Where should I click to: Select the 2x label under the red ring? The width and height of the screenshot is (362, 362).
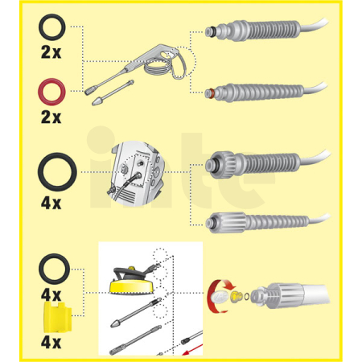(x=51, y=117)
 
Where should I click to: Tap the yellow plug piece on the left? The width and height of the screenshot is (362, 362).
(x=57, y=317)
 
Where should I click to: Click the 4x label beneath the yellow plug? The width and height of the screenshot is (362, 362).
(x=51, y=343)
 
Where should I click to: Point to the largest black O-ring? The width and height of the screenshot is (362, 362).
(x=43, y=172)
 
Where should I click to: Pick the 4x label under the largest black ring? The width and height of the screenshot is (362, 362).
(x=51, y=204)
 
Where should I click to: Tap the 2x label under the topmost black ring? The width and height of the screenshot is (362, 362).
(x=51, y=52)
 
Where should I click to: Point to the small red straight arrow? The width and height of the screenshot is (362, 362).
(x=192, y=349)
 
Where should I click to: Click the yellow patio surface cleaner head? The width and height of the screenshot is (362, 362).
(x=130, y=286)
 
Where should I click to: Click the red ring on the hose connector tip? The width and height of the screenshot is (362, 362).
(x=211, y=93)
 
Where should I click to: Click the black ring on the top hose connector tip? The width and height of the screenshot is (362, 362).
(x=211, y=32)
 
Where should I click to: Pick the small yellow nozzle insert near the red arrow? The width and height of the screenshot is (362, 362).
(x=236, y=296)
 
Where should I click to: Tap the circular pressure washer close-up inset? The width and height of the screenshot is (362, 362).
(x=135, y=174)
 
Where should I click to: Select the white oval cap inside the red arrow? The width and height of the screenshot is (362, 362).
(x=220, y=297)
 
